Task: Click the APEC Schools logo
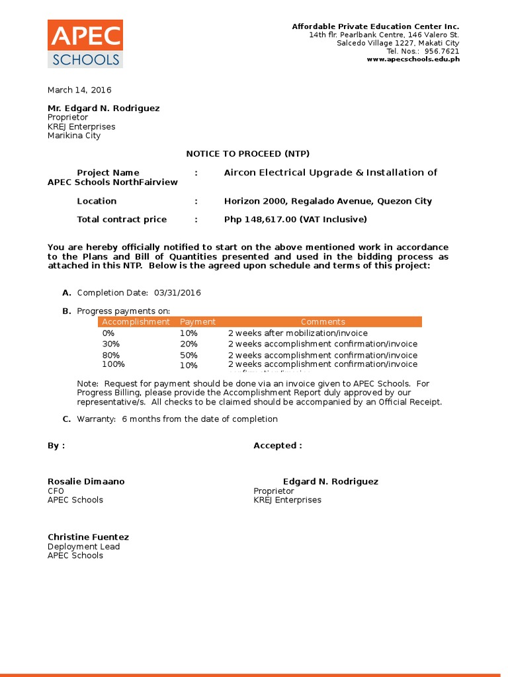85,44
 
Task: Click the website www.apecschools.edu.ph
413,60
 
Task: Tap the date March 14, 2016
79,90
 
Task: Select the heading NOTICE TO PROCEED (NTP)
247,153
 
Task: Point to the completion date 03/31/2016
177,293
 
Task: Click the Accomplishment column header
136,322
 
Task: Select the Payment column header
198,322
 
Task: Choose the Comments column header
323,322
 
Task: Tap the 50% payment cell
189,355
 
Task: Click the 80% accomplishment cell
111,355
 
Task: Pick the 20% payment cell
189,344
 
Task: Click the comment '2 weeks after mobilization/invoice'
298,333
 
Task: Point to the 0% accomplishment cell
108,333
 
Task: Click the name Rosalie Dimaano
86,481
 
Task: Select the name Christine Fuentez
88,537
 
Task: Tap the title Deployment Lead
83,547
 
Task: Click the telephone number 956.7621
443,52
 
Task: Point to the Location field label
97,201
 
